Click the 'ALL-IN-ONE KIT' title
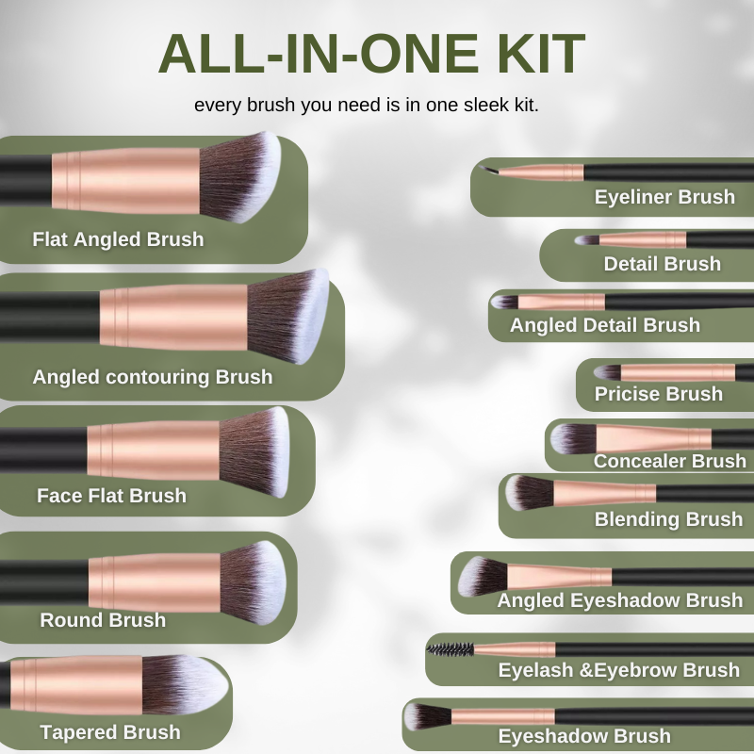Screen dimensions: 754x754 (371, 54)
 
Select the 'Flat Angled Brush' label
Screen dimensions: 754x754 (118, 239)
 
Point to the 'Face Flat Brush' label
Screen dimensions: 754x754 (111, 496)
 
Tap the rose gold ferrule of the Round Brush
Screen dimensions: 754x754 (155, 583)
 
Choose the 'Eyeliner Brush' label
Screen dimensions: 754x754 (664, 197)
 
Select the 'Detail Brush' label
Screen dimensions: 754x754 (663, 264)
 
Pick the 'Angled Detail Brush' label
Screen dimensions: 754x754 (605, 325)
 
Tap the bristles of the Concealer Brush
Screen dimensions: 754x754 (573, 438)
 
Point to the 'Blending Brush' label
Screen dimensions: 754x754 (668, 519)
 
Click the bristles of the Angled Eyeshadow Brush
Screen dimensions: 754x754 (483, 577)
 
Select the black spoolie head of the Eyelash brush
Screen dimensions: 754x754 (451, 649)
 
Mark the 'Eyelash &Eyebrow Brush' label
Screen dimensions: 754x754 (619, 670)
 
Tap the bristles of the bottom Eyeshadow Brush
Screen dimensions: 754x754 (427, 717)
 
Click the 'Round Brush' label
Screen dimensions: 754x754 (103, 620)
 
